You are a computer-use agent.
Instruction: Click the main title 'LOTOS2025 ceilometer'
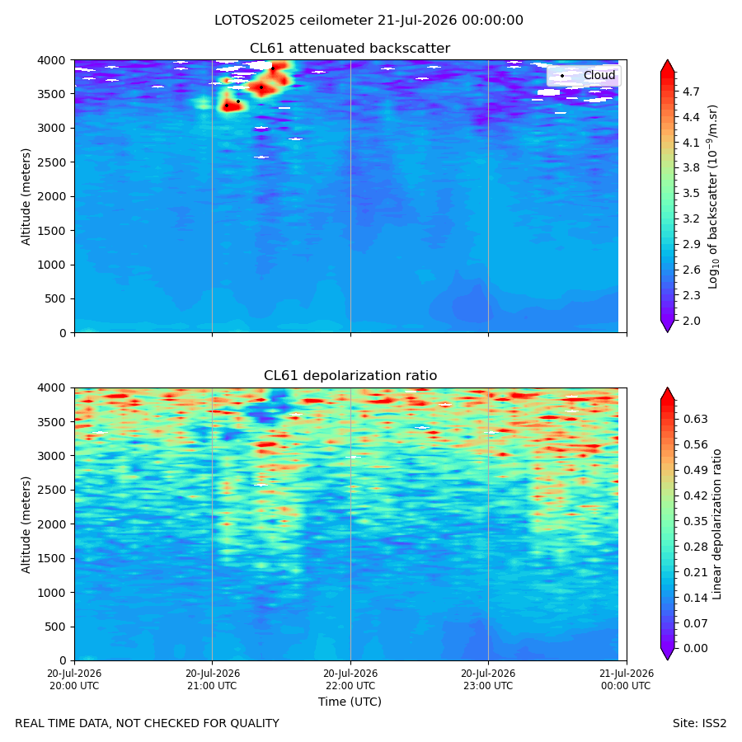coord(294,21)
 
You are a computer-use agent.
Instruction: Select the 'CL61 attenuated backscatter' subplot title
coord(350,49)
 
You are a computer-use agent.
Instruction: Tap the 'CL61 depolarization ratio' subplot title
coord(350,376)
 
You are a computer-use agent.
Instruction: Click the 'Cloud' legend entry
coord(599,75)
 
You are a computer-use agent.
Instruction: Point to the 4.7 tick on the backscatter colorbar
coord(691,92)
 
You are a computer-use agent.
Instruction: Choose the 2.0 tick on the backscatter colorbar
coord(691,321)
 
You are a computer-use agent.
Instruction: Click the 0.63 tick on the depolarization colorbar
coord(695,419)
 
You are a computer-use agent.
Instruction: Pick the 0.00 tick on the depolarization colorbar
coord(695,648)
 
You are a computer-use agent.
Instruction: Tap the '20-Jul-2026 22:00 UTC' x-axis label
coord(350,679)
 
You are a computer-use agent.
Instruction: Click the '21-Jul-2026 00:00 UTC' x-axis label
coord(627,679)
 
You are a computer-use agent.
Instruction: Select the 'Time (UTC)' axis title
coord(350,702)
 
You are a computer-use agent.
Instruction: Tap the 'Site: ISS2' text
coord(699,724)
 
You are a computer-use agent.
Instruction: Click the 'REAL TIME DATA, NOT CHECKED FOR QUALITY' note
coord(148,724)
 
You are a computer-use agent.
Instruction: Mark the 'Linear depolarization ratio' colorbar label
coord(717,524)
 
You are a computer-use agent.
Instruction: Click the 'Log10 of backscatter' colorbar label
coord(713,197)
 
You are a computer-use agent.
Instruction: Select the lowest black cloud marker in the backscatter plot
coord(227,106)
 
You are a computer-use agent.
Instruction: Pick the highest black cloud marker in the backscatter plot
coord(273,68)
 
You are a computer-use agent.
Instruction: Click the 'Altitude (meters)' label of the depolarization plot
coord(26,524)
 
